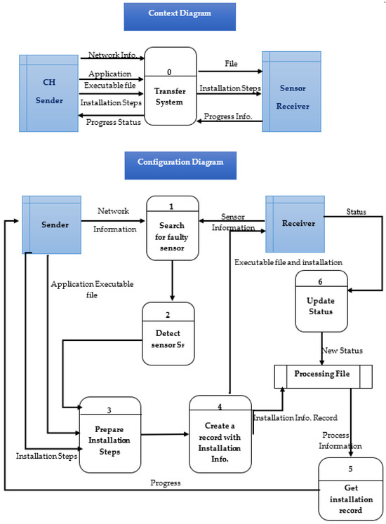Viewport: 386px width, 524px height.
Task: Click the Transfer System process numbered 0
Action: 171,85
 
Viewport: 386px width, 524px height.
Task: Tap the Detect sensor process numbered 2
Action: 168,334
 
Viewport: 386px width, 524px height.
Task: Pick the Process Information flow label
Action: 341,440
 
